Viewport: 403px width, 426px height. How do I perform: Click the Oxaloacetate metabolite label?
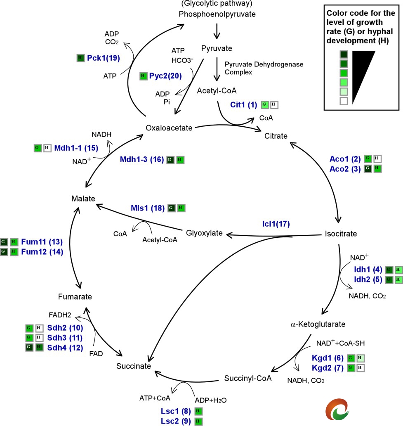tap(169, 128)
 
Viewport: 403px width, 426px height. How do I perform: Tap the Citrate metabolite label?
tap(276, 136)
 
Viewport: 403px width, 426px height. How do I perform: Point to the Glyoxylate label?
tap(204, 233)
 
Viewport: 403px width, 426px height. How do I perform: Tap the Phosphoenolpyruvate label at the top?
tap(217, 14)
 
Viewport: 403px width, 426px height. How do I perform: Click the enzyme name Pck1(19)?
tap(104, 58)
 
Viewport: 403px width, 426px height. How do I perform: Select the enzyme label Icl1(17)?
tap(276, 224)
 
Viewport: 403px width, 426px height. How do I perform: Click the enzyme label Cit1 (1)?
tap(243, 105)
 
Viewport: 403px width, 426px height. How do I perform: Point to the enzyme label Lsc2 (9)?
tap(175, 421)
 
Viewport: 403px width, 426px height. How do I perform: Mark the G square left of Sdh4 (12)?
tap(29, 348)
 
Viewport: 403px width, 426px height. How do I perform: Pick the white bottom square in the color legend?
tap(344, 101)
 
